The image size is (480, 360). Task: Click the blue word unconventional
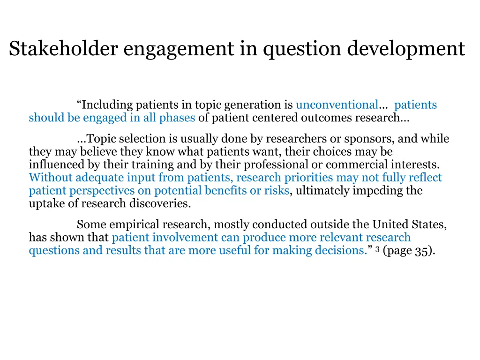337,105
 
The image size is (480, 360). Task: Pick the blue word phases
177,118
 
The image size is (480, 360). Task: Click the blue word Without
50,178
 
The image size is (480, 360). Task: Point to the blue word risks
278,191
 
